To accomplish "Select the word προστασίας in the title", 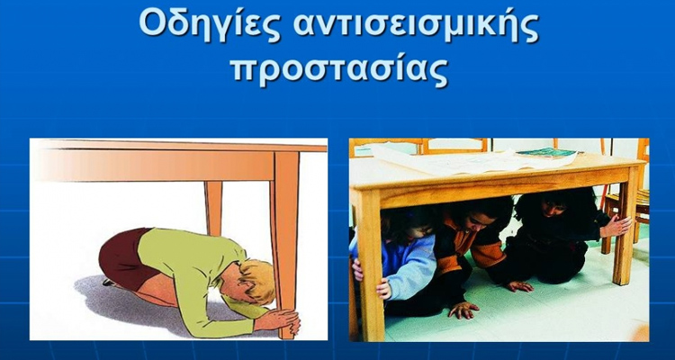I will pos(338,69).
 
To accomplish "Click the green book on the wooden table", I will pos(547,153).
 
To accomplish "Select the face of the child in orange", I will pos(472,220).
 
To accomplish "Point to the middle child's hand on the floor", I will pos(463,309).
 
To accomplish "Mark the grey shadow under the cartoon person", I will pos(162,310).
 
